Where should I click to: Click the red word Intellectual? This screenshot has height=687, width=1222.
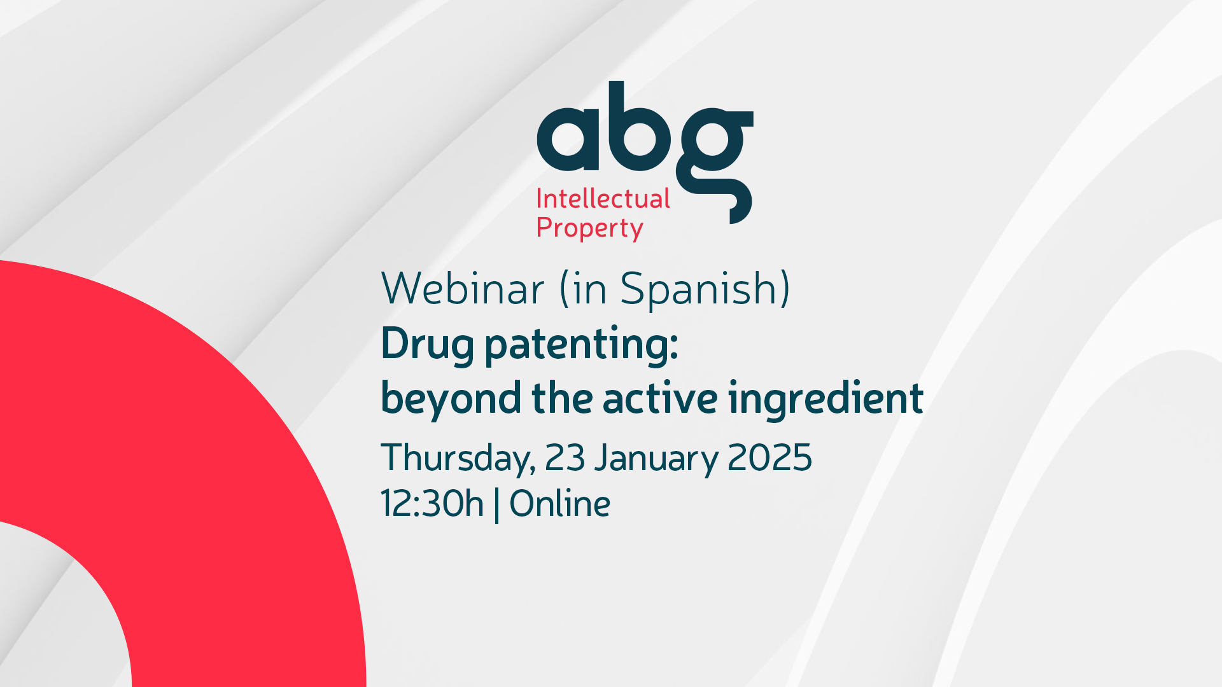[603, 198]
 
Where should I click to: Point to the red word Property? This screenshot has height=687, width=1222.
[590, 228]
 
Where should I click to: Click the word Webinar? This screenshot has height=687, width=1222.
[463, 289]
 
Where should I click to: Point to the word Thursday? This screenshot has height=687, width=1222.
[458, 459]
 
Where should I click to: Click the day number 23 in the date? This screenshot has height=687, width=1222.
[565, 457]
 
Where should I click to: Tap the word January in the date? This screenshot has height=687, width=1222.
[656, 459]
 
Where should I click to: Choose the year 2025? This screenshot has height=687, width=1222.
[769, 457]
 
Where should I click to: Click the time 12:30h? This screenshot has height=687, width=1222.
[432, 503]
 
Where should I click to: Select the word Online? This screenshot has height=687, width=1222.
[560, 503]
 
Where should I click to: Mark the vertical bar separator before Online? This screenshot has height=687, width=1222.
[496, 505]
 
